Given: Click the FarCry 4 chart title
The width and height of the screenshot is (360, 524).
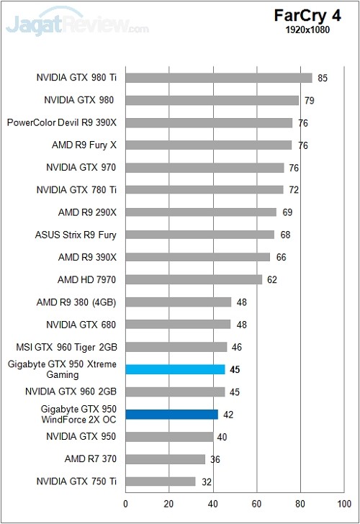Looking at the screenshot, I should [313, 15].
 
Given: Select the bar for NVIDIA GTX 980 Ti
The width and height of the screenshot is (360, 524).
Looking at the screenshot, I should [219, 78].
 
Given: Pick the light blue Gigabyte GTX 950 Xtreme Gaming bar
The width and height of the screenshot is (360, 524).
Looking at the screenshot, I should [176, 370].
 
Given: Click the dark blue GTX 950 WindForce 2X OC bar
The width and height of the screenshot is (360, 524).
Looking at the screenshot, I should [171, 415].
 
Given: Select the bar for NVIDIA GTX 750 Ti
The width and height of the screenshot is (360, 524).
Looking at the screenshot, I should [161, 482].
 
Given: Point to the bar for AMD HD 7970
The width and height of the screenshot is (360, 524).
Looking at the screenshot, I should [194, 279].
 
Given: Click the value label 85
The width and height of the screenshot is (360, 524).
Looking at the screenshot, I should [323, 78].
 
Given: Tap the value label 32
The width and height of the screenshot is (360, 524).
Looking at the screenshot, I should [206, 482].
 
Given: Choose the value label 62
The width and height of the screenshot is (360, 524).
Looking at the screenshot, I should [272, 279].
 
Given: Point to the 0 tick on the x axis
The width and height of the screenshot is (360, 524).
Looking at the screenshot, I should [126, 505].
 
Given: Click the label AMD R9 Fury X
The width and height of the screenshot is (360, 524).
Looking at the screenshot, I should [84, 145].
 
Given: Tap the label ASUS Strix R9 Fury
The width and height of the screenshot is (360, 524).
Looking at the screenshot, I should [76, 235].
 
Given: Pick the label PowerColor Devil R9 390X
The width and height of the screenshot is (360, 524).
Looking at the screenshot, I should [62, 122].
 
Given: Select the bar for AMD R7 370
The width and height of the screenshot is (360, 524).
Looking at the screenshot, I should [166, 459].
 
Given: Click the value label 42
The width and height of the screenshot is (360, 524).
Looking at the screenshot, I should [228, 415].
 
